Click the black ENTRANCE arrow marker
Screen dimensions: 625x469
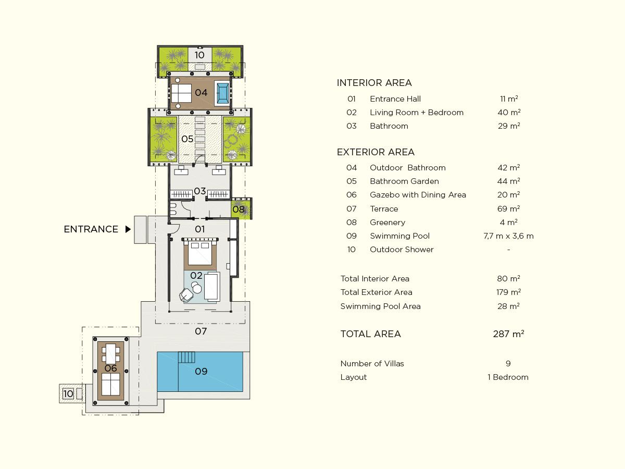click(128, 229)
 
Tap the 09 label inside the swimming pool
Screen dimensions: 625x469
click(201, 372)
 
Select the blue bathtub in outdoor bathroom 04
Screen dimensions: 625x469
click(223, 93)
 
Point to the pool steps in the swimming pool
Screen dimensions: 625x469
click(187, 357)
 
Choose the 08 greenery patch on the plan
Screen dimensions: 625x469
click(241, 209)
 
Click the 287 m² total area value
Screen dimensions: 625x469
click(508, 334)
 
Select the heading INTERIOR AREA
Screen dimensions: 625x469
click(374, 83)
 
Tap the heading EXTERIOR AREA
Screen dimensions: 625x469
click(376, 152)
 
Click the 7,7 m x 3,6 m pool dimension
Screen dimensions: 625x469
click(508, 236)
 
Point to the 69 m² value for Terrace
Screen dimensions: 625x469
click(508, 209)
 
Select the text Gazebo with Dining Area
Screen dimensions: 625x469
click(418, 195)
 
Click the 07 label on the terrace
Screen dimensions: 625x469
click(201, 331)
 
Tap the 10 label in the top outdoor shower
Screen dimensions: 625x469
click(199, 55)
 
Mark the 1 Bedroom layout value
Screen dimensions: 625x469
click(508, 377)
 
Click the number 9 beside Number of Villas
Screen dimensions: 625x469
click(508, 364)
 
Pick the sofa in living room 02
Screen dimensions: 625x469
click(212, 287)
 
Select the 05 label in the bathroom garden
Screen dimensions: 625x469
click(187, 139)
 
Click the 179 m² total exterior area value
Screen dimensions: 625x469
click(508, 292)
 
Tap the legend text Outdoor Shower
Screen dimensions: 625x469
click(402, 250)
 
